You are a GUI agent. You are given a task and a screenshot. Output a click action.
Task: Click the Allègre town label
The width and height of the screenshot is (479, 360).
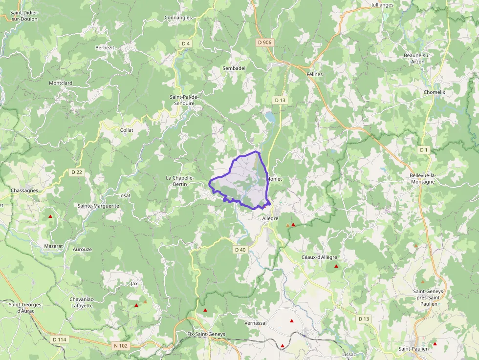270,218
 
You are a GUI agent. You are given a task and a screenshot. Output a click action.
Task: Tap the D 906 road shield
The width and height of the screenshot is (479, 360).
264,42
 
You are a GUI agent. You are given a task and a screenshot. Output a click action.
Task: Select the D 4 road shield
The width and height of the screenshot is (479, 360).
185,43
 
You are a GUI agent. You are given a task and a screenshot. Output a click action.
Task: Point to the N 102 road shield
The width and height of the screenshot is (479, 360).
121,346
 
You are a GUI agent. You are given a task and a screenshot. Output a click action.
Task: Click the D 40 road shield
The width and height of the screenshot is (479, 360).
240,250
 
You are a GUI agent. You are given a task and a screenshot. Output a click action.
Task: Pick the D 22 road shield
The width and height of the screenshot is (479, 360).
76,172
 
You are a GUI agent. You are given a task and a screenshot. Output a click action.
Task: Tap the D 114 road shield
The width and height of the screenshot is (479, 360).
59,339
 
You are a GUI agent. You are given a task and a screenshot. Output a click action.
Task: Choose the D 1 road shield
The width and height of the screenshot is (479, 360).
423,149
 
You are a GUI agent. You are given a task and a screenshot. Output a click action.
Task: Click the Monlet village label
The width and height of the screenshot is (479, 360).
274,179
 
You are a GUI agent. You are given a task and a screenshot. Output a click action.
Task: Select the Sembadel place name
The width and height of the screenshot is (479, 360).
234,68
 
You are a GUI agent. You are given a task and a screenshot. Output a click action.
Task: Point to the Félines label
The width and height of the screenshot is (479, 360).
315,74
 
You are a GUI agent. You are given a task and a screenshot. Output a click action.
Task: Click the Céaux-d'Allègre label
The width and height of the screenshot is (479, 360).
319,257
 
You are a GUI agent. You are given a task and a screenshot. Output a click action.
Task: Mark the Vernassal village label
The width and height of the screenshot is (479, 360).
256,323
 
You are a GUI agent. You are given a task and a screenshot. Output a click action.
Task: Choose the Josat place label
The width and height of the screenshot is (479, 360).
125,195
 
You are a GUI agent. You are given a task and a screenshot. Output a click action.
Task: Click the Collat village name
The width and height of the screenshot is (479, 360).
127,130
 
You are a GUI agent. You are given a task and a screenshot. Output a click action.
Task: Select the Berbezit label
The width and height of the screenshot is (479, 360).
105,47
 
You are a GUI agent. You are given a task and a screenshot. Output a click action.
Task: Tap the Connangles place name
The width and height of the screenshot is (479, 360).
178,18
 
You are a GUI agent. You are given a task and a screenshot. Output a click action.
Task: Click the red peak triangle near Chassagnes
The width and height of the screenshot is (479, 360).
50,216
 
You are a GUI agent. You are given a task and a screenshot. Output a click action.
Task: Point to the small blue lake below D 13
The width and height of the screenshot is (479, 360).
269,117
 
